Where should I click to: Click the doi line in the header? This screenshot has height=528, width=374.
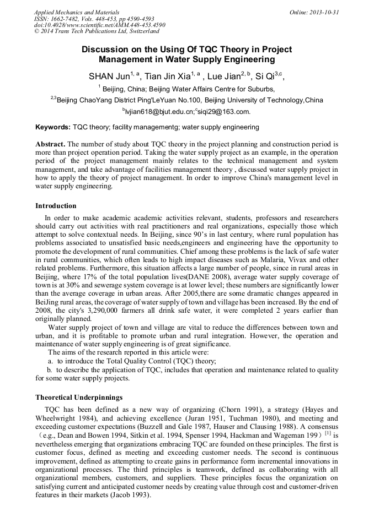pyautogui.click(x=99, y=25)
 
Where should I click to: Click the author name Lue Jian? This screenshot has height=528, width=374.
pyautogui.click(x=226, y=76)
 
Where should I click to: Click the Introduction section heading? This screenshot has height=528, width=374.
pyautogui.click(x=56, y=206)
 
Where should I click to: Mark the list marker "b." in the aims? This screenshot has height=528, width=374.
pyautogui.click(x=50, y=371)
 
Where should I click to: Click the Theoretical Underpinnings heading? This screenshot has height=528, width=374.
pyautogui.click(x=79, y=397)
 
